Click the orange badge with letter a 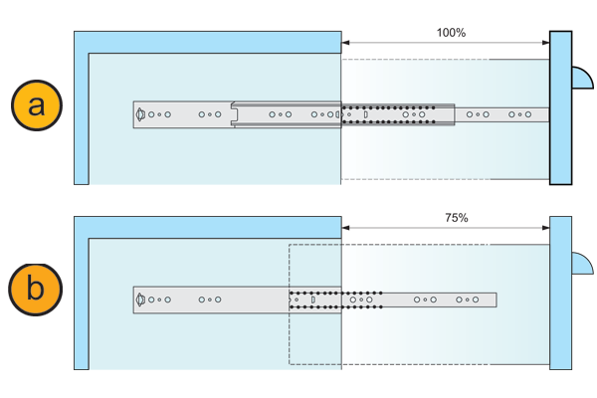coord(37,104)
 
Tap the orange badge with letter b coord(36,290)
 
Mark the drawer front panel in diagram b coord(560,294)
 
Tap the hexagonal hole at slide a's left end coord(140,115)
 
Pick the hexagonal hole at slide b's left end coord(140,299)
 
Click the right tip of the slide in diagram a coord(546,115)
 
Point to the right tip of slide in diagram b coord(494,299)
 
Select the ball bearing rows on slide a coord(390,115)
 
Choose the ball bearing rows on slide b coord(335,299)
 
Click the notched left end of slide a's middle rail coord(235,115)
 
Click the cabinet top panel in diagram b coord(209,227)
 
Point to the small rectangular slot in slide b coord(312,299)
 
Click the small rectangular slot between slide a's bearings coord(366,115)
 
